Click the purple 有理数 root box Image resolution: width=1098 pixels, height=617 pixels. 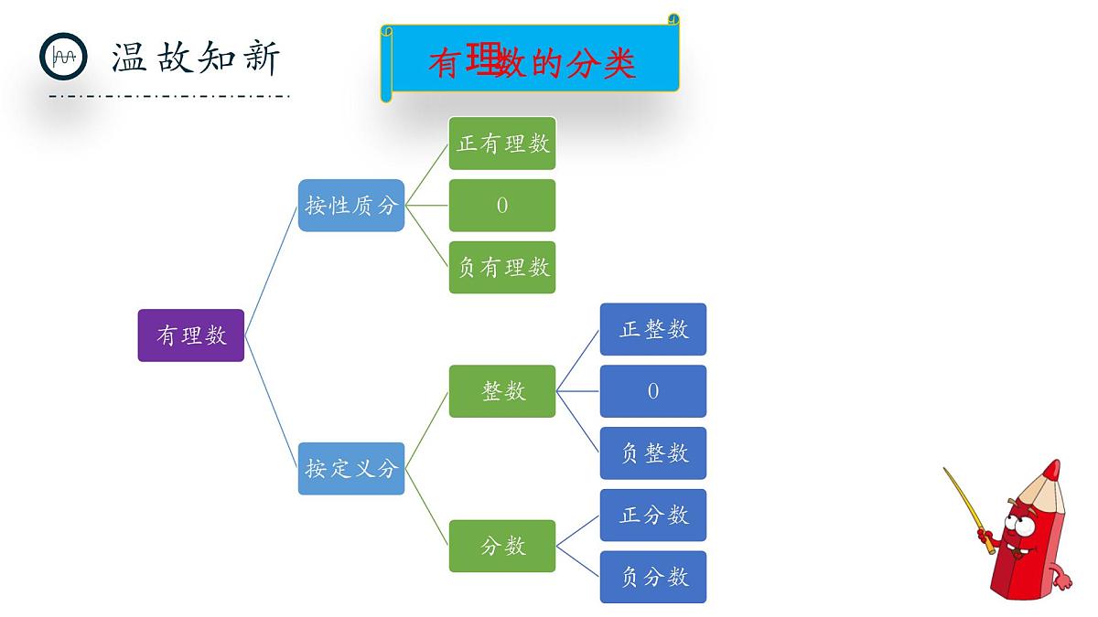coord(190,335)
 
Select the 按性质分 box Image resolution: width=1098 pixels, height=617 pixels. coord(351,206)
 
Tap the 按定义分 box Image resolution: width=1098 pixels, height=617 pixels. coord(351,469)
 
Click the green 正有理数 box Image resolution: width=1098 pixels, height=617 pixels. coord(502,144)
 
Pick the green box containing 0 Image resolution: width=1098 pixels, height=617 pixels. coord(502,206)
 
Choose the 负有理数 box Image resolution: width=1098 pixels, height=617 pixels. coord(502,267)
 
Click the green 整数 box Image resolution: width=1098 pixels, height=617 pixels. coord(502,391)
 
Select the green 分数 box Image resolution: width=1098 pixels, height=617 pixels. coord(502,546)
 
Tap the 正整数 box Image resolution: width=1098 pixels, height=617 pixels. coord(653,329)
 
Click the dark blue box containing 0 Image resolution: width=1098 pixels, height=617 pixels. coord(653,391)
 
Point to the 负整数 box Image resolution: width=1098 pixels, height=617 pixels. coord(653,452)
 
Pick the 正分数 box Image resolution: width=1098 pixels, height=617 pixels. coord(653,515)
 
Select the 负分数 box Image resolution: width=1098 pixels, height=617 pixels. coord(653,577)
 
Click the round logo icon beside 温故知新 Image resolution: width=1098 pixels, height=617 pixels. coord(63,57)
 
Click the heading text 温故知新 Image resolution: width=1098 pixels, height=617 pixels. coord(196,57)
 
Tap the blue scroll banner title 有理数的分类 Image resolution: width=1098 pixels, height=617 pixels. coord(532,62)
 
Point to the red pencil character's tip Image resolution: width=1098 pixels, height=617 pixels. coord(1053,470)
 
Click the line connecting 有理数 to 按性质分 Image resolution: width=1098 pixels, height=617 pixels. coord(272,271)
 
